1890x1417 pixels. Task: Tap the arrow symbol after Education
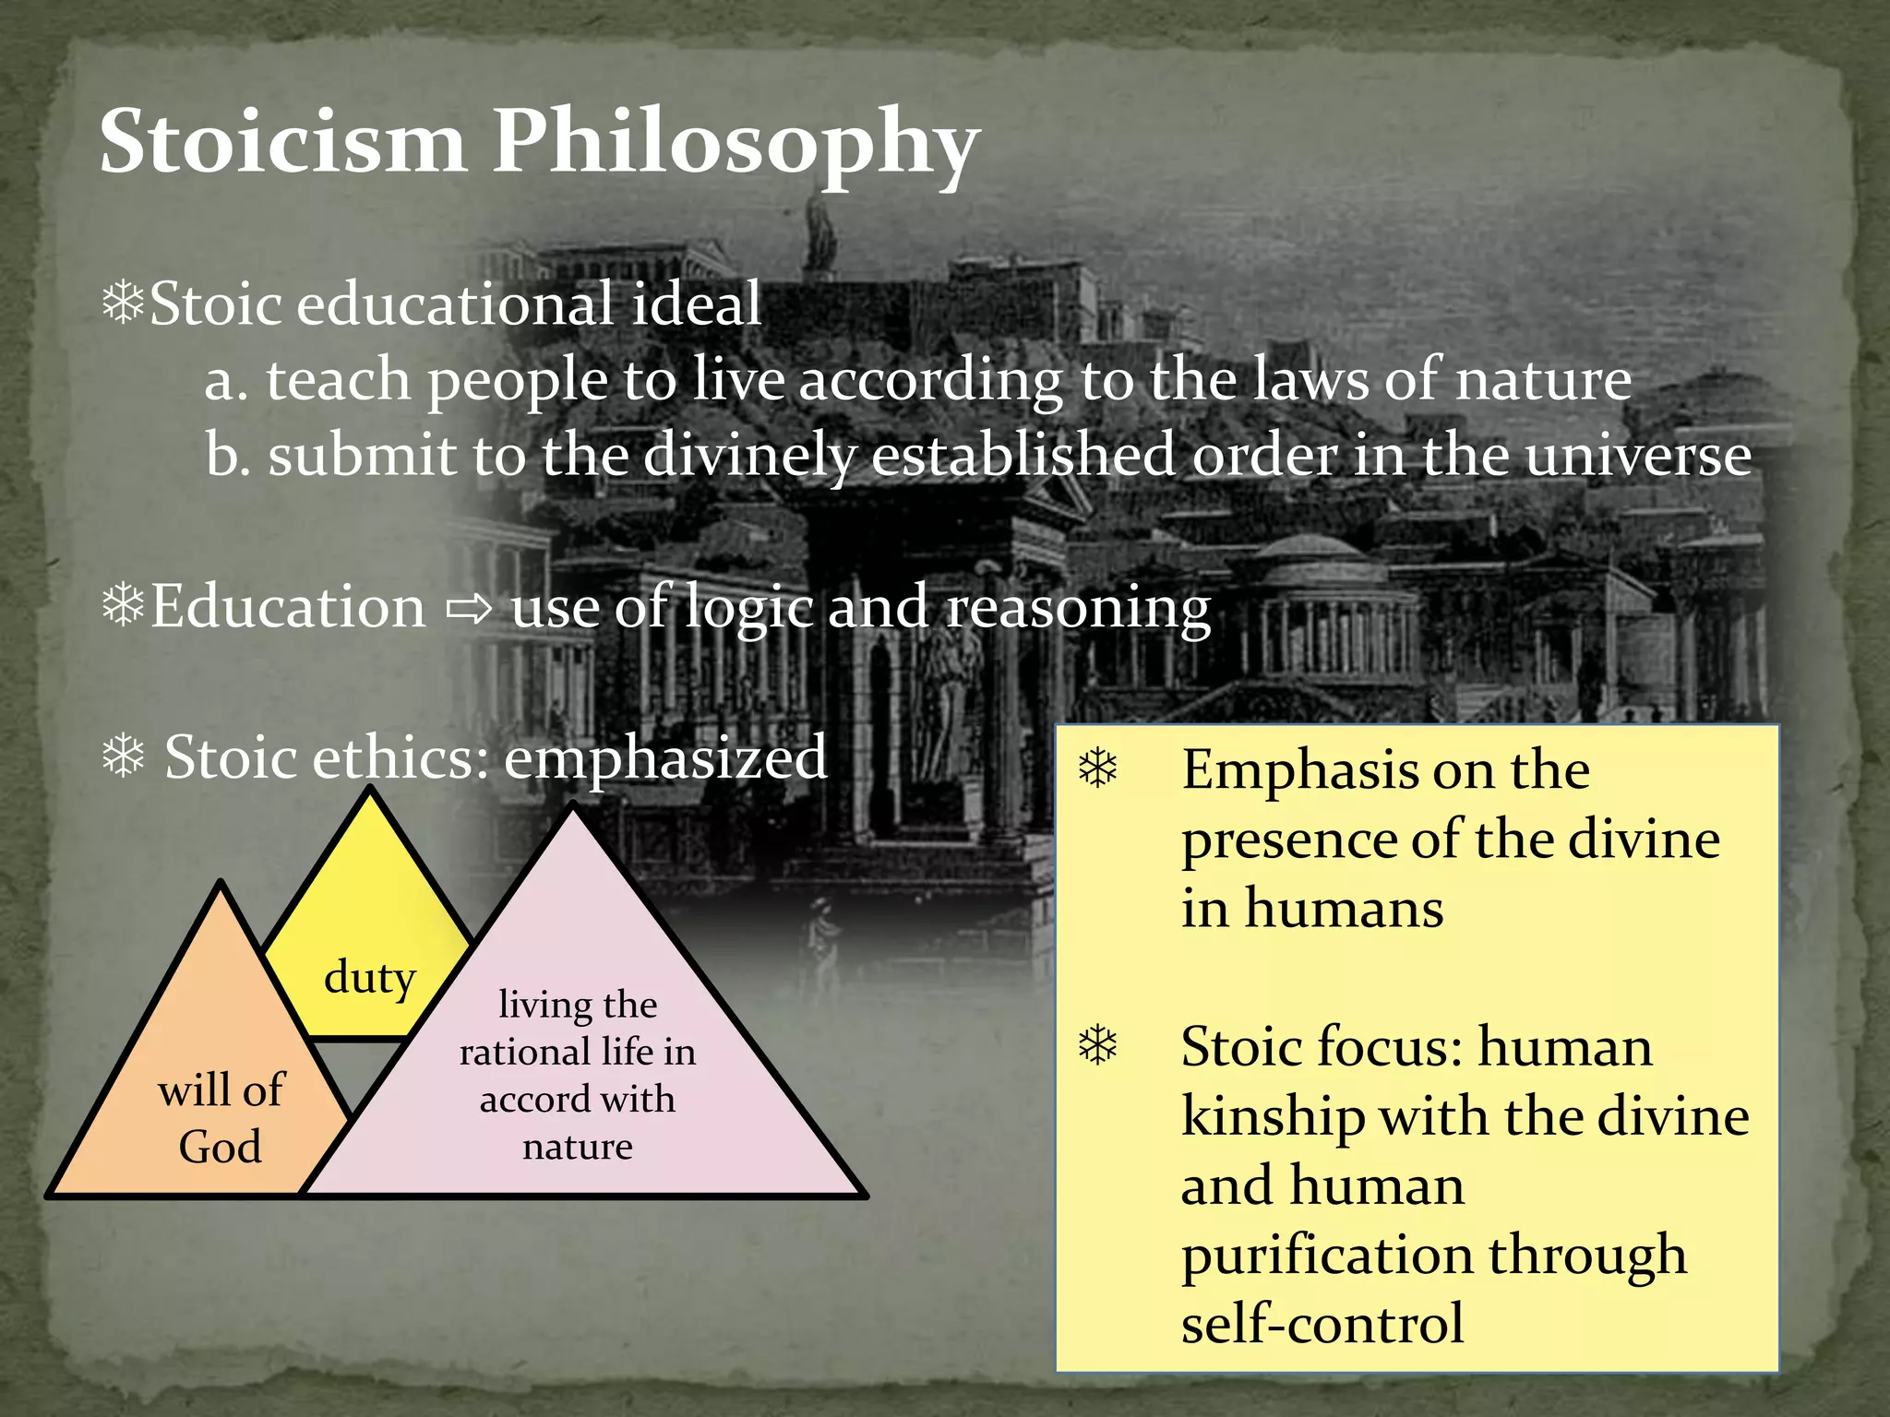pos(469,609)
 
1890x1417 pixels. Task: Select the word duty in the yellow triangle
pos(369,978)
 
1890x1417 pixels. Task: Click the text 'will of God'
pos(221,1118)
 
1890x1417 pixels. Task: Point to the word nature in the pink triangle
pos(578,1147)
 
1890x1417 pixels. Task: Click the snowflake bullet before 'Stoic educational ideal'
pos(124,304)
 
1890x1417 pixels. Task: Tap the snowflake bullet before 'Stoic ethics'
pos(124,757)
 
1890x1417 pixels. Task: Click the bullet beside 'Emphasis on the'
pos(1098,768)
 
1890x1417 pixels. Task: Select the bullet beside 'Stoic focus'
pos(1098,1045)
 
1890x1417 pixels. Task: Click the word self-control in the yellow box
pos(1322,1324)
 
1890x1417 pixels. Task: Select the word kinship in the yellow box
pos(1273,1118)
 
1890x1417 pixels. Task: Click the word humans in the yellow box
pos(1344,908)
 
